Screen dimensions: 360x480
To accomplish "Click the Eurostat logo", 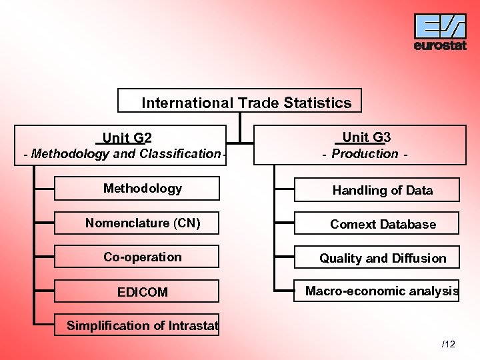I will tap(440, 31).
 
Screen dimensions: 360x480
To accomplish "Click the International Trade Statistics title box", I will tap(240, 101).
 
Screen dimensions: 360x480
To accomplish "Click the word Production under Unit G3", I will tap(365, 153).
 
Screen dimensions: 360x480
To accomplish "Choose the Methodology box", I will tap(137, 189).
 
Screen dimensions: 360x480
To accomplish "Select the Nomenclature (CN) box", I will tap(137, 223).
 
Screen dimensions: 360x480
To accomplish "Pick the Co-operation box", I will tap(137, 257).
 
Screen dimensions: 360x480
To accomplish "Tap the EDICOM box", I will tap(137, 291).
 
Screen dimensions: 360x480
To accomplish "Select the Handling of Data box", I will tap(377, 190).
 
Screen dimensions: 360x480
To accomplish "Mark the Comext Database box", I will tap(377, 224).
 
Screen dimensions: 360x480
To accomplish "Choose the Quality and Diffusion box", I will tap(377, 258).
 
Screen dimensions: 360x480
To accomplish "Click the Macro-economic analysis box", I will tap(377, 291).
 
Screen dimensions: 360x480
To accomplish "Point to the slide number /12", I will tap(448, 344).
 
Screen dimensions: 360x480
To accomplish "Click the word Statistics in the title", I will tap(317, 103).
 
